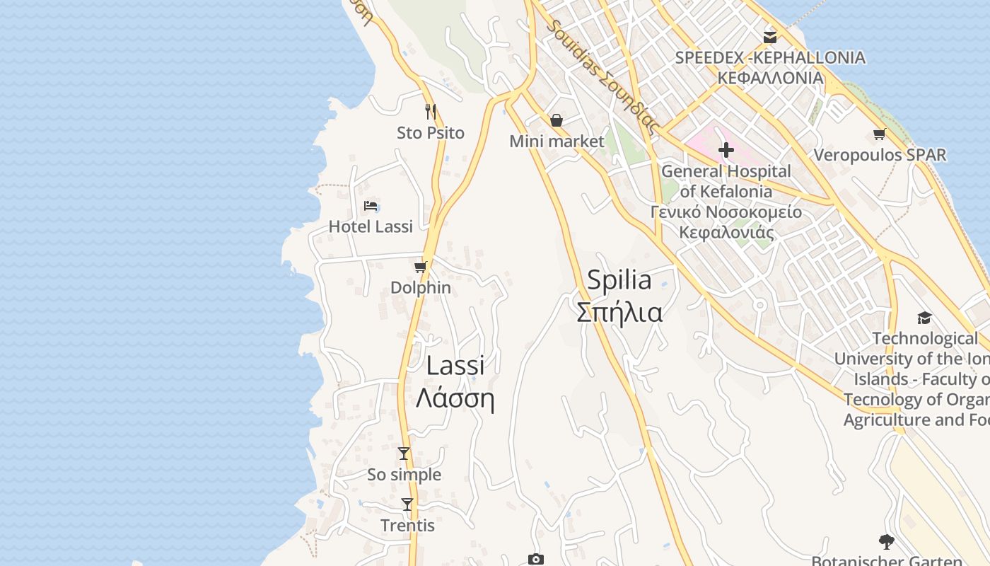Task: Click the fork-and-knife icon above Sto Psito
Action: pos(430,111)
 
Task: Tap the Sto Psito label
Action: pos(430,132)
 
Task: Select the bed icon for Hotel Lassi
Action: pos(371,206)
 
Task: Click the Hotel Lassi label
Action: pos(371,226)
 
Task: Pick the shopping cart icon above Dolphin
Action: pos(421,267)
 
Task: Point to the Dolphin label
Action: pos(421,287)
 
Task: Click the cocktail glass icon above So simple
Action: pos(404,454)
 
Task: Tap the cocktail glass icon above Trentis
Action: pos(407,504)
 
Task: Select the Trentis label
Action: pos(407,526)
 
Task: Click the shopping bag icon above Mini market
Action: pos(557,120)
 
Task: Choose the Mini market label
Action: pos(557,141)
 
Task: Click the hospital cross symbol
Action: pos(726,150)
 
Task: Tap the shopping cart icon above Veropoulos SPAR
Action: pos(880,134)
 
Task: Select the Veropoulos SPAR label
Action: pos(880,155)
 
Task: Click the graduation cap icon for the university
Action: pos(924,318)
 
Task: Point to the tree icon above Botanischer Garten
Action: pos(886,543)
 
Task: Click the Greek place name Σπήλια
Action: pos(619,312)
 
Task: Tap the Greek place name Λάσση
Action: pos(455,399)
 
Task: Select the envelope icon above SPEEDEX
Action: pos(770,36)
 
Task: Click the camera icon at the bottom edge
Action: pos(536,560)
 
